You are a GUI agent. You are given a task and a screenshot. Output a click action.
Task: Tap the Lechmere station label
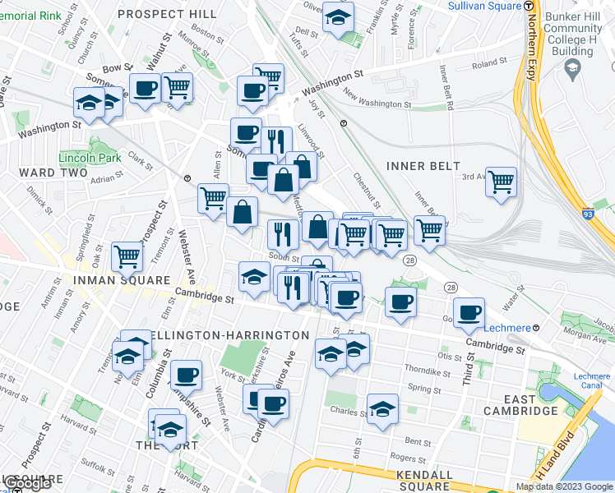pos(504,327)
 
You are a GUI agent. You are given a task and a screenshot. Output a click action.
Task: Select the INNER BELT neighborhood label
pos(423,166)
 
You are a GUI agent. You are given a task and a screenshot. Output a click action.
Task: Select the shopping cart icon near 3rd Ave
pos(501,181)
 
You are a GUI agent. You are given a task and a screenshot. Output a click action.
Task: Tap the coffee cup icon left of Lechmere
pos(469,312)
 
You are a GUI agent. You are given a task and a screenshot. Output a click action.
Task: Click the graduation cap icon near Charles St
pos(382,408)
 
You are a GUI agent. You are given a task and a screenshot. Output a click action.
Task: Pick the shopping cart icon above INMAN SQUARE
pos(127,257)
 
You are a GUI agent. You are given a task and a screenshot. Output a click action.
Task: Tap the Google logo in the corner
pos(26,483)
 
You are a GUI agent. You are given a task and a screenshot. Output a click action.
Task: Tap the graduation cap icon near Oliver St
pos(338,16)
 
